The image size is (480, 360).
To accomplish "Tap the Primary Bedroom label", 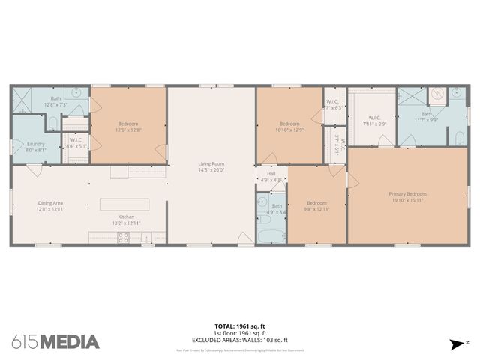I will point(406,194).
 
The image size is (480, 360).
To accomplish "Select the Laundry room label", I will point(36,144).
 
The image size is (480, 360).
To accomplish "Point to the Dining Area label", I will point(52,202).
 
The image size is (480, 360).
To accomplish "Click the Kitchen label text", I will point(125,217).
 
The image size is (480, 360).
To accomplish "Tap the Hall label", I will point(271,173).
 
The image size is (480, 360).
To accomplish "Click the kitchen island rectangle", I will point(124,204).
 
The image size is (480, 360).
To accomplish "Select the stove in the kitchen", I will point(124,238).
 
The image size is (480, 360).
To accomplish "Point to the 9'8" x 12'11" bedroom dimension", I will point(316,208).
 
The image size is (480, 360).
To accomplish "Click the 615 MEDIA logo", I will point(55,342).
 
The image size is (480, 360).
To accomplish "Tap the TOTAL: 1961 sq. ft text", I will point(239,326).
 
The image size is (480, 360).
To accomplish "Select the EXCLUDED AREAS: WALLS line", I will point(239,340).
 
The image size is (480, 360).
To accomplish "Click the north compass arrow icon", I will point(455,344).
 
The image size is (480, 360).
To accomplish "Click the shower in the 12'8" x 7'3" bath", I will point(22,100).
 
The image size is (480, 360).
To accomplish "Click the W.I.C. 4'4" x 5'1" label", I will point(76,143).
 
